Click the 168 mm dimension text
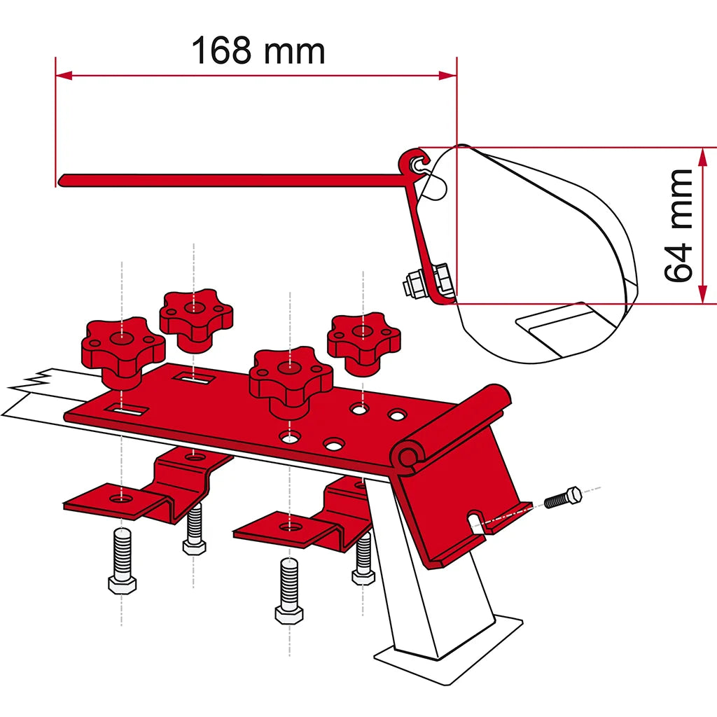258,50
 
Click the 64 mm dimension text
678,225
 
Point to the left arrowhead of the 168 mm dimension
64,76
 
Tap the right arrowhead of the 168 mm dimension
448,76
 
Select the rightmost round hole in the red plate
396,415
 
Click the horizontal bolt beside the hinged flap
563,498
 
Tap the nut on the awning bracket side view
413,286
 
